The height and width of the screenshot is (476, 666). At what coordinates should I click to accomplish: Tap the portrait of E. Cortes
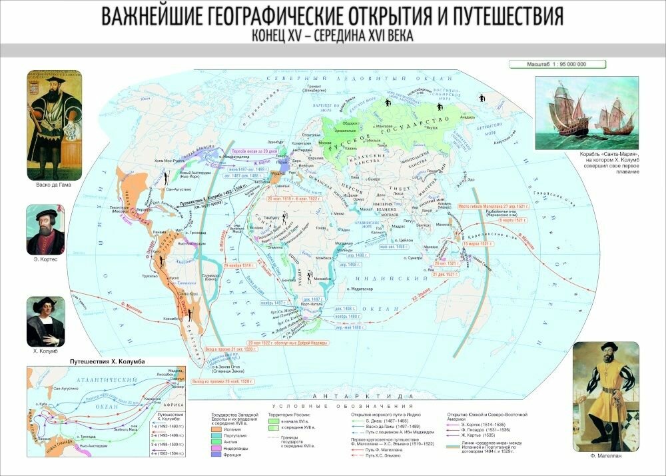[x=46, y=229]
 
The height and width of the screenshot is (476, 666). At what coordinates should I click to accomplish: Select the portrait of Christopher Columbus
[x=46, y=321]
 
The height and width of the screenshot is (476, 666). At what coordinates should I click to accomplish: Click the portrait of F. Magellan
[x=605, y=396]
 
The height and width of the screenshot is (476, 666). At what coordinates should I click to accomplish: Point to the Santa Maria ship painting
[x=587, y=113]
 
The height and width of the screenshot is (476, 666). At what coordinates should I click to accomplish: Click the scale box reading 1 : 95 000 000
[x=557, y=64]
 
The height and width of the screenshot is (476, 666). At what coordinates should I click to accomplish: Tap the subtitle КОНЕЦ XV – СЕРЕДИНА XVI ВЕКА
[x=332, y=36]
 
